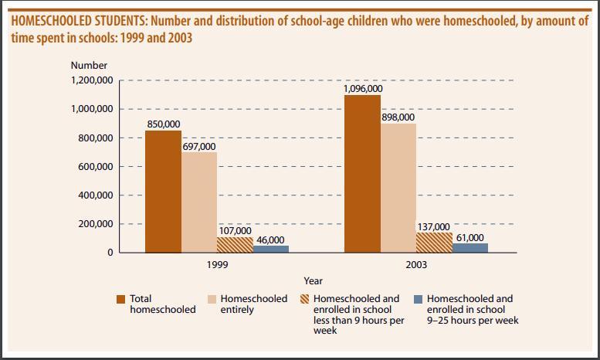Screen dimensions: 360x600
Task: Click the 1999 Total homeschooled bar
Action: [x=163, y=192]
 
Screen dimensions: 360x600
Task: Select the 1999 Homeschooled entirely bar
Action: [x=199, y=202]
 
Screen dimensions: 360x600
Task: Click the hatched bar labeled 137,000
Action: [x=434, y=243]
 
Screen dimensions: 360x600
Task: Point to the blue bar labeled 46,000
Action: [x=271, y=249]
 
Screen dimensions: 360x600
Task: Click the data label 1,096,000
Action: [x=362, y=88]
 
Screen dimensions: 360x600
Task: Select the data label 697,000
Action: [x=199, y=146]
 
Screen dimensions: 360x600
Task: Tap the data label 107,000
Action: [x=235, y=230]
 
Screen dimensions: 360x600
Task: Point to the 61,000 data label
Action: [x=470, y=237]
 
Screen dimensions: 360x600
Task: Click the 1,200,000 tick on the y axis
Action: [x=93, y=80]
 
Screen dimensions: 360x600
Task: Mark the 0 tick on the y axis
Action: [x=110, y=253]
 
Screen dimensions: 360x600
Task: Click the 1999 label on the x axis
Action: [x=217, y=264]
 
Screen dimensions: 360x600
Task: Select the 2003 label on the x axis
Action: [x=416, y=264]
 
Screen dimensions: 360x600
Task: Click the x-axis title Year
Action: [x=313, y=281]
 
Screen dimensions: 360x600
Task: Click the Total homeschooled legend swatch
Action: [x=120, y=299]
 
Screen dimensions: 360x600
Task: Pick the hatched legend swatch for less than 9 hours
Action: [x=303, y=299]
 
